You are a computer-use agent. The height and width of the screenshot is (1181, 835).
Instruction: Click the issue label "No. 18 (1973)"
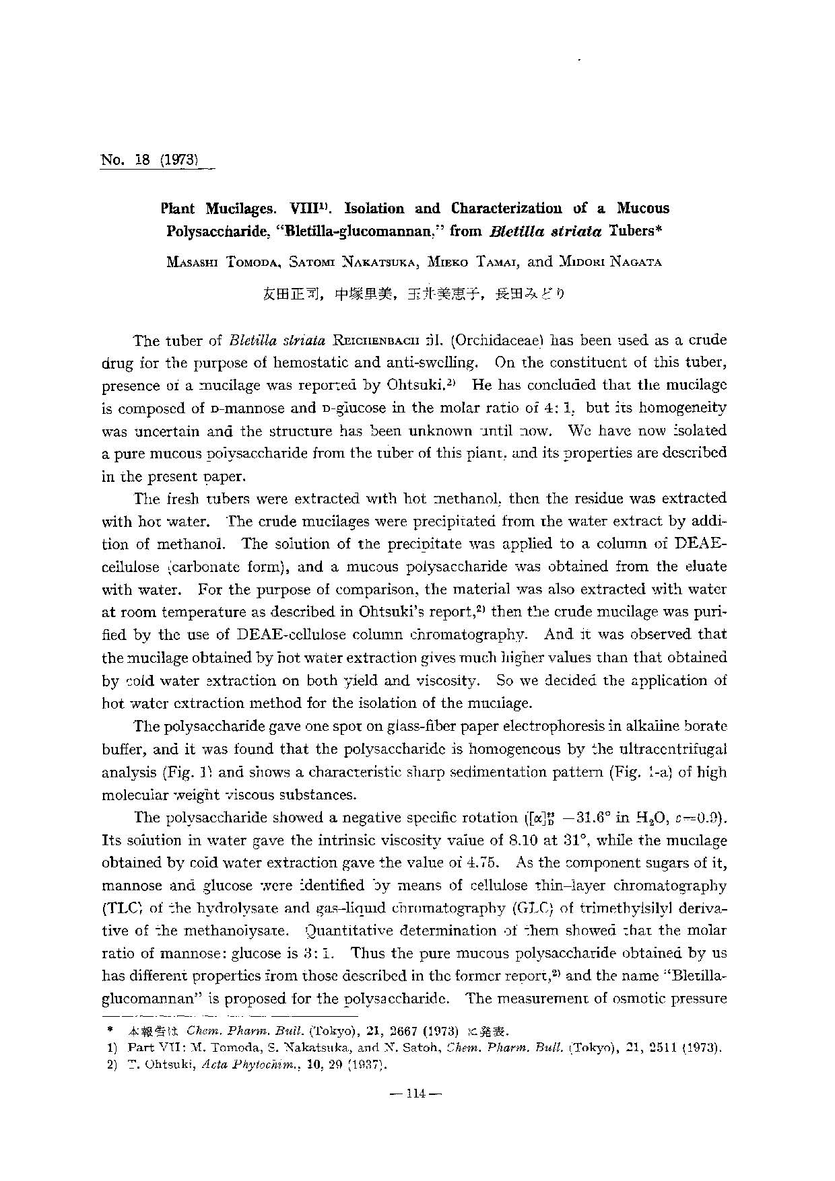coord(148,160)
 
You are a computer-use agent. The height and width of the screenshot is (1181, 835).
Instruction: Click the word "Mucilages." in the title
coord(234,209)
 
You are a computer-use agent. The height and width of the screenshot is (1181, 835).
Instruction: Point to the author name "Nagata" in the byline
coord(635,262)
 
